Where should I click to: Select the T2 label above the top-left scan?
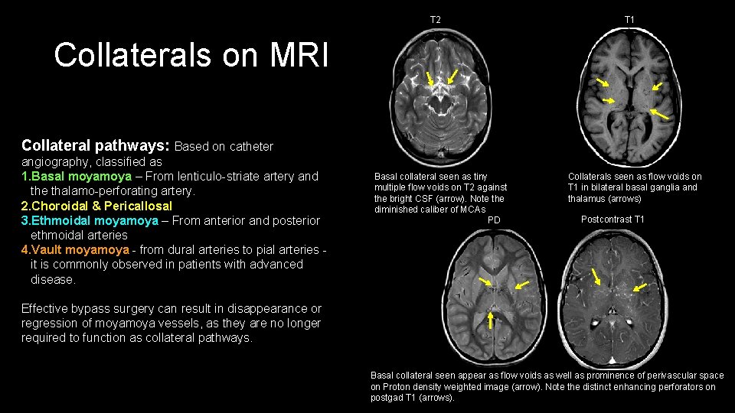pos(435,18)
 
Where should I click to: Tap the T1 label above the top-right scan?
pos(629,18)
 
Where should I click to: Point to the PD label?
pos(494,220)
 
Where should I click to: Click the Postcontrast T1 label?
pos(612,220)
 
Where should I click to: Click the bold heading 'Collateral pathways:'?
pos(96,145)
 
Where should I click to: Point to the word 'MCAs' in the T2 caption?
pos(472,210)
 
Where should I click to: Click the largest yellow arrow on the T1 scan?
pos(659,115)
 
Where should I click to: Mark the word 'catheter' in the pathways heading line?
pos(248,146)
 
